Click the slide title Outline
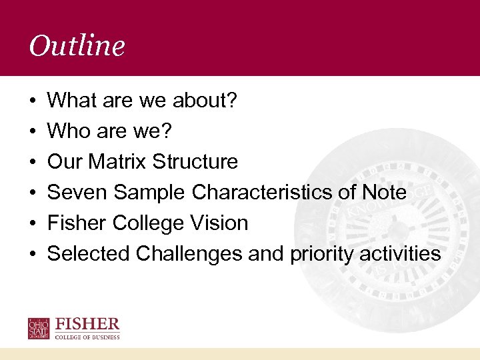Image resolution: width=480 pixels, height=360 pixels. click(77, 46)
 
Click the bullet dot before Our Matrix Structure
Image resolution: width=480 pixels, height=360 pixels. click(33, 163)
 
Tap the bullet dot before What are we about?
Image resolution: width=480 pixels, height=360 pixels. click(33, 101)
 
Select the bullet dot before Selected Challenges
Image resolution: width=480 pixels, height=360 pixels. click(33, 255)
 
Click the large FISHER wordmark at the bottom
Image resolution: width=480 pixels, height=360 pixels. click(88, 325)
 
